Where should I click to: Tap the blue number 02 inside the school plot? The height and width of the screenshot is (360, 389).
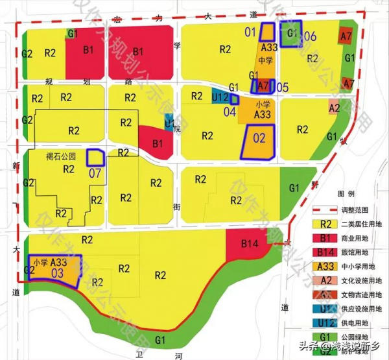coord(259,138)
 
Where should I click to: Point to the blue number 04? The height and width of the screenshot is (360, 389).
coord(230,111)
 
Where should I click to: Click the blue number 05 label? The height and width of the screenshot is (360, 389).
coord(282,86)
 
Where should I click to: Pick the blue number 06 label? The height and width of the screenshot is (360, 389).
coord(310,36)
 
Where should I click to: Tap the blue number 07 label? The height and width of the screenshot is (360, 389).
coord(95,173)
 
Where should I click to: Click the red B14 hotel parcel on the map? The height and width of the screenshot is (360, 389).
coord(250,244)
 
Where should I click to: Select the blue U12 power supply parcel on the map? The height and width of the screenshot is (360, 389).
coord(220,99)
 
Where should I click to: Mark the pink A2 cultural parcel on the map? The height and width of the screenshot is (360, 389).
coord(335,108)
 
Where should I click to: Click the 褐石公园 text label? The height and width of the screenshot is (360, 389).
coord(61,156)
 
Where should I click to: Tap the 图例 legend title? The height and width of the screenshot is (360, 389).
coord(346,194)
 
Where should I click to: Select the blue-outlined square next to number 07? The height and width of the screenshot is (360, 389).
coord(96,158)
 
